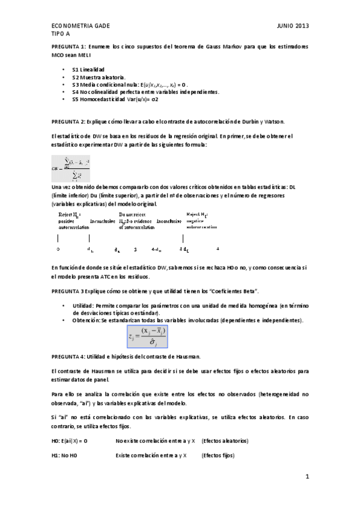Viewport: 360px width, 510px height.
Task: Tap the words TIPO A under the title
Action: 61,35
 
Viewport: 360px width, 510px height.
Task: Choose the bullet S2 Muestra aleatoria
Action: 99,78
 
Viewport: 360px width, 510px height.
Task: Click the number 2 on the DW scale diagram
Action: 135,248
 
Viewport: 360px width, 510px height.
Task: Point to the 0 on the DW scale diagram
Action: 58,248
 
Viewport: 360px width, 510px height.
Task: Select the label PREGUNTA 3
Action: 68,291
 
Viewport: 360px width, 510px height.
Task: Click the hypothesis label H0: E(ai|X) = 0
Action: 70,441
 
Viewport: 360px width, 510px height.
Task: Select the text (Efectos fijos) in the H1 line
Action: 218,455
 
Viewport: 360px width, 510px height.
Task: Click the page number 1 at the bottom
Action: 307,477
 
